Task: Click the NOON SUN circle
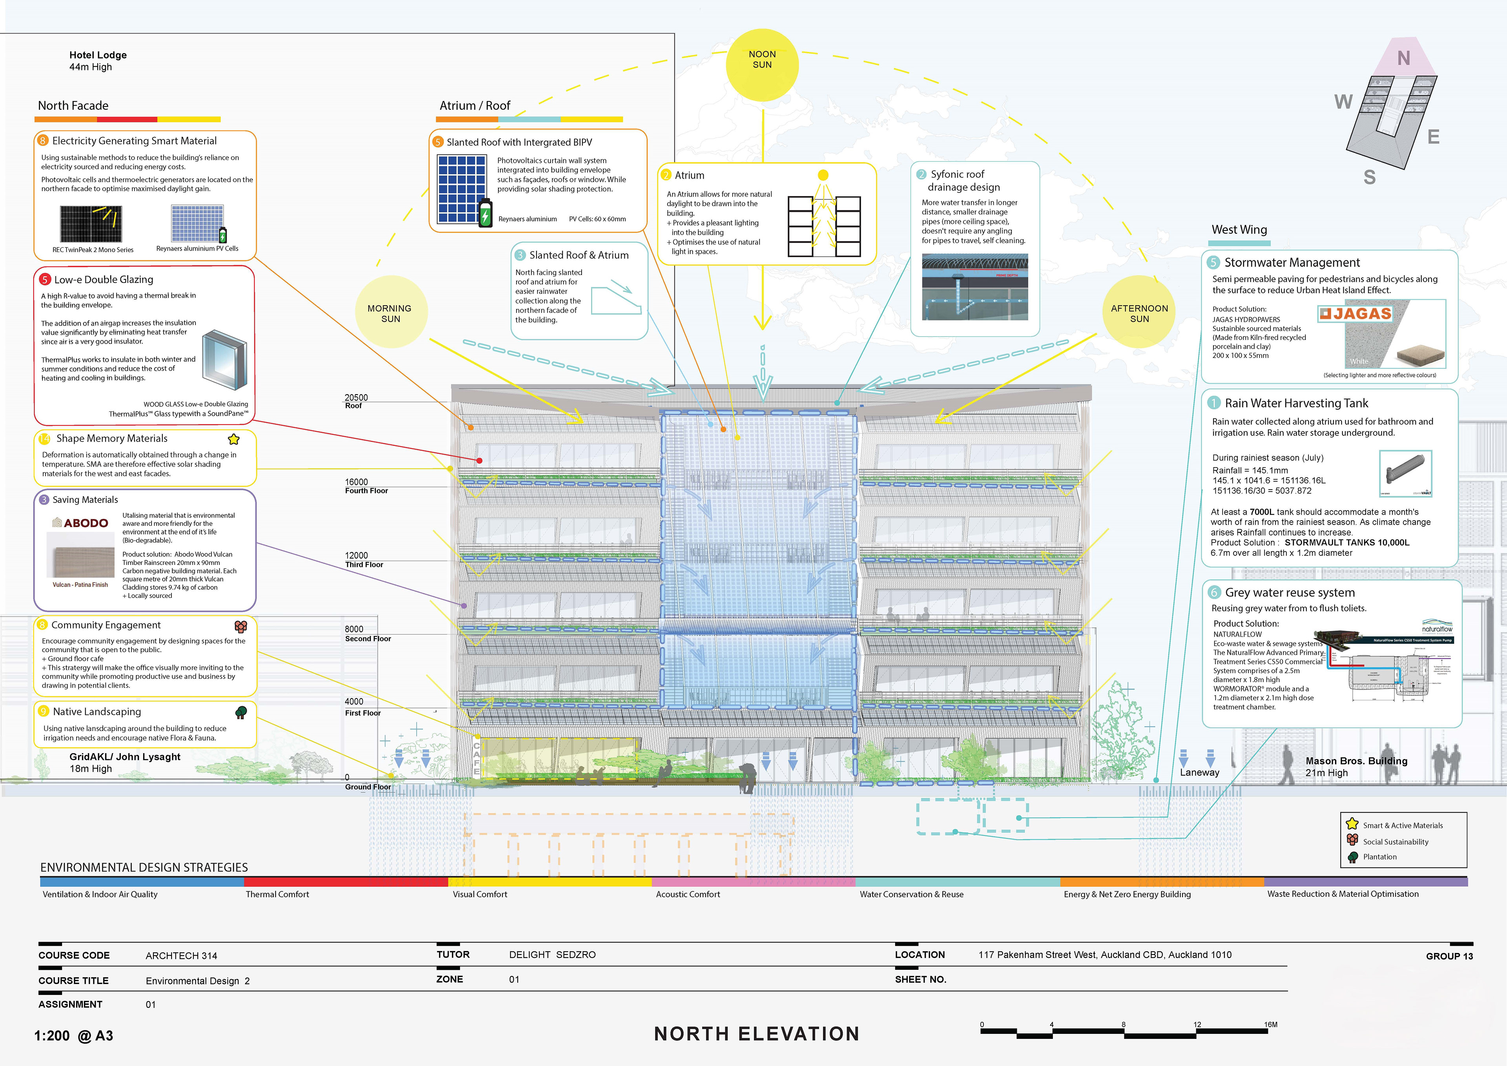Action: (x=762, y=64)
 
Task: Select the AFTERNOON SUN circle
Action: (x=1139, y=312)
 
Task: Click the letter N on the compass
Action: (x=1403, y=59)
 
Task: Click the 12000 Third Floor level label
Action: (x=364, y=560)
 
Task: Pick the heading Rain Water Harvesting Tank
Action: (x=1296, y=403)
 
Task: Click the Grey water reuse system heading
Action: (x=1290, y=592)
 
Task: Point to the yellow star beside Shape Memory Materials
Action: (x=234, y=439)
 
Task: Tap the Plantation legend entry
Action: (x=1380, y=856)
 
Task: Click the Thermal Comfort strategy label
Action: (x=277, y=894)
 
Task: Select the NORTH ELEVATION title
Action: (x=756, y=1034)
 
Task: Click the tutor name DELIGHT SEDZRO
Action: (x=552, y=954)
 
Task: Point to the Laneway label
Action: (x=1199, y=772)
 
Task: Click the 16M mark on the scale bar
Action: (x=1271, y=1025)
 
